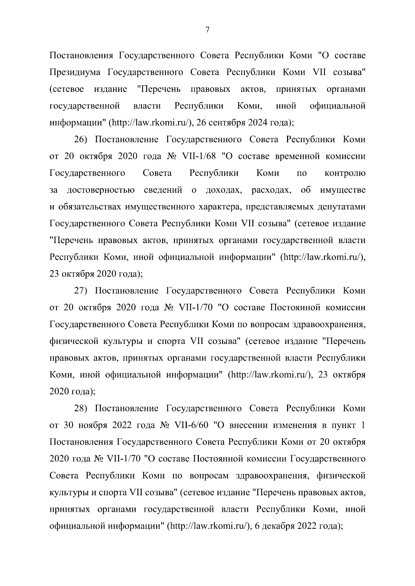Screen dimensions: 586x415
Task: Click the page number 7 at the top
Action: click(x=207, y=30)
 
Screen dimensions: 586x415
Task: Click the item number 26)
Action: click(x=82, y=140)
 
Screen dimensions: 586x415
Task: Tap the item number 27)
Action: click(x=82, y=291)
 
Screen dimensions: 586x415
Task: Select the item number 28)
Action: click(x=82, y=409)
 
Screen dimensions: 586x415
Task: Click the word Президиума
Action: click(x=75, y=72)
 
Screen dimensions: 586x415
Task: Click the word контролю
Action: click(x=345, y=173)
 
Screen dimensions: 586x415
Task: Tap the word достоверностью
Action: click(x=101, y=190)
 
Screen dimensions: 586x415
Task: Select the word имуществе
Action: click(x=343, y=190)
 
